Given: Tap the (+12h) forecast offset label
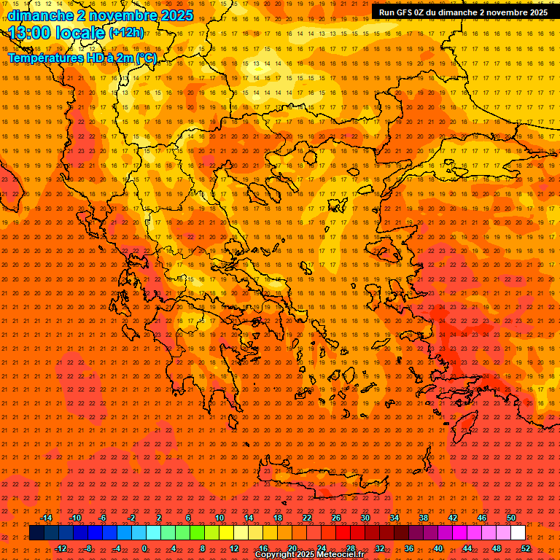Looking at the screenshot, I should click(x=126, y=33).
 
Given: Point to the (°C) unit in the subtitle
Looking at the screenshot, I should click(x=145, y=58).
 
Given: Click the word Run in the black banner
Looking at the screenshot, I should click(x=386, y=12).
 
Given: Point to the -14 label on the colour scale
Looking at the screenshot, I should click(x=45, y=518).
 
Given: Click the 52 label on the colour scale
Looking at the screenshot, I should click(x=526, y=548).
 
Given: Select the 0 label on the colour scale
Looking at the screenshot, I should click(x=144, y=548).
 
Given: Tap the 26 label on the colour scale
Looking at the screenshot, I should click(x=336, y=518).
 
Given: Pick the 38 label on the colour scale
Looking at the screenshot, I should click(x=424, y=518).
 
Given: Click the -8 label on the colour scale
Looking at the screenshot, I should click(x=88, y=548).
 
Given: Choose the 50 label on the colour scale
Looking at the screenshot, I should click(x=511, y=518).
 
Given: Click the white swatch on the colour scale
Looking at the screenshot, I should click(x=518, y=533).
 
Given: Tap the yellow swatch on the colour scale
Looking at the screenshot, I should click(x=227, y=533).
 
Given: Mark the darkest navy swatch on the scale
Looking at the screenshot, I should click(x=36, y=533).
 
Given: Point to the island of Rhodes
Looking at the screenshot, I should click(x=467, y=423).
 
